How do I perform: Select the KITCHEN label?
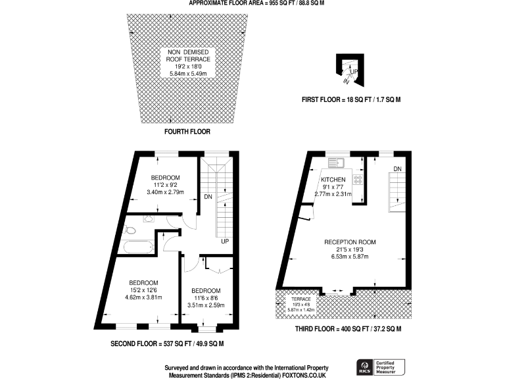[333, 179]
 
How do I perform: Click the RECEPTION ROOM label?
[350, 242]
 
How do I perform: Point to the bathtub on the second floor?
[137, 248]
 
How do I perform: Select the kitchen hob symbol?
[359, 178]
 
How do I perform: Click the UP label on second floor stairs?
[224, 242]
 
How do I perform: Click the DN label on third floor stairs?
[397, 169]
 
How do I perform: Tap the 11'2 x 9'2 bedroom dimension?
[162, 186]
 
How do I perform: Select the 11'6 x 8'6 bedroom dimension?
[206, 297]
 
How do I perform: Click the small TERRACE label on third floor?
[293, 299]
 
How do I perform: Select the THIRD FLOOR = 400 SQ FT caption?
[349, 328]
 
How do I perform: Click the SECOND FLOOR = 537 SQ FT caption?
[167, 344]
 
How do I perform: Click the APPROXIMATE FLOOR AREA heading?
[257, 3]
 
